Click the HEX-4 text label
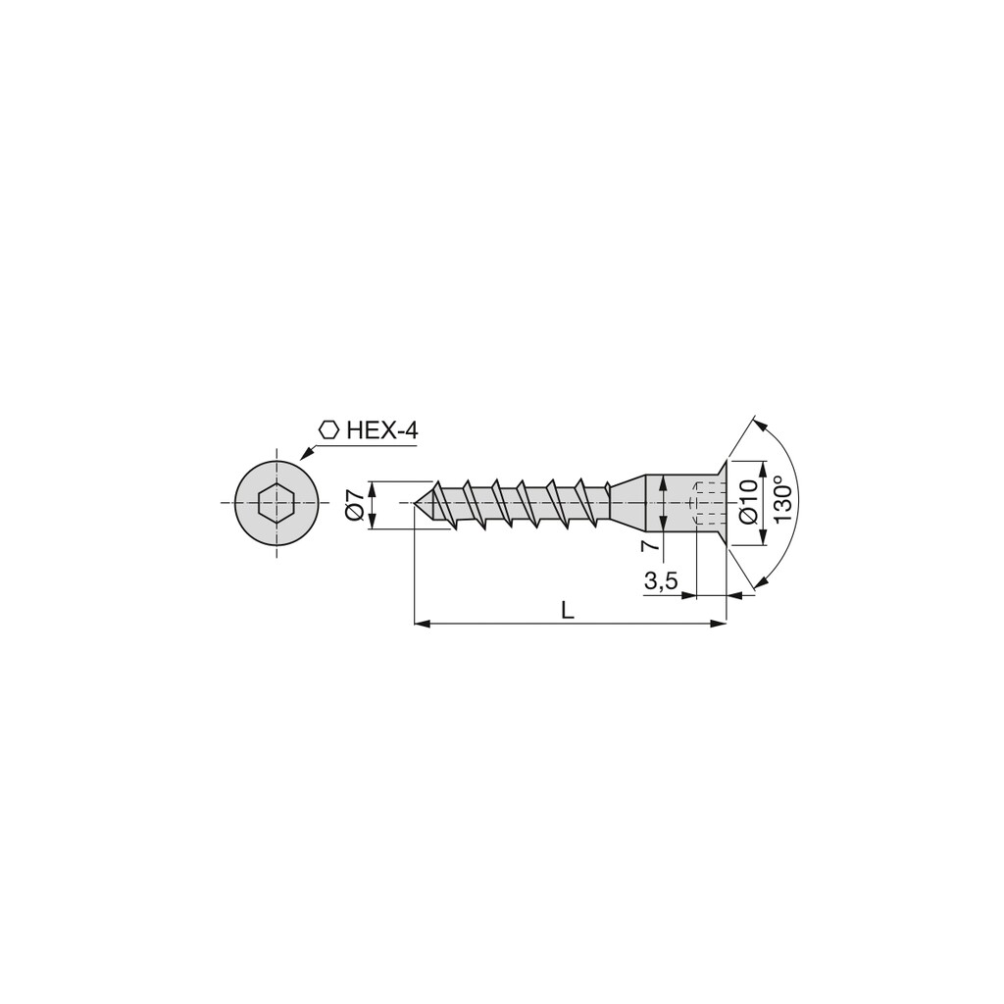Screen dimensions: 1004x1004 382,430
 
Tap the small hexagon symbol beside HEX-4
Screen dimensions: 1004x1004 329,430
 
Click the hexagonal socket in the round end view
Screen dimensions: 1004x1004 276,503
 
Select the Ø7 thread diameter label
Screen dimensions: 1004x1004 355,504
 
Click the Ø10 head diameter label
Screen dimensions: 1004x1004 748,503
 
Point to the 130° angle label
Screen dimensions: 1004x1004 785,499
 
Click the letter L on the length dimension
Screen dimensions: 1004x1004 567,610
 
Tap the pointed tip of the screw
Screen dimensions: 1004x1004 416,503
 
